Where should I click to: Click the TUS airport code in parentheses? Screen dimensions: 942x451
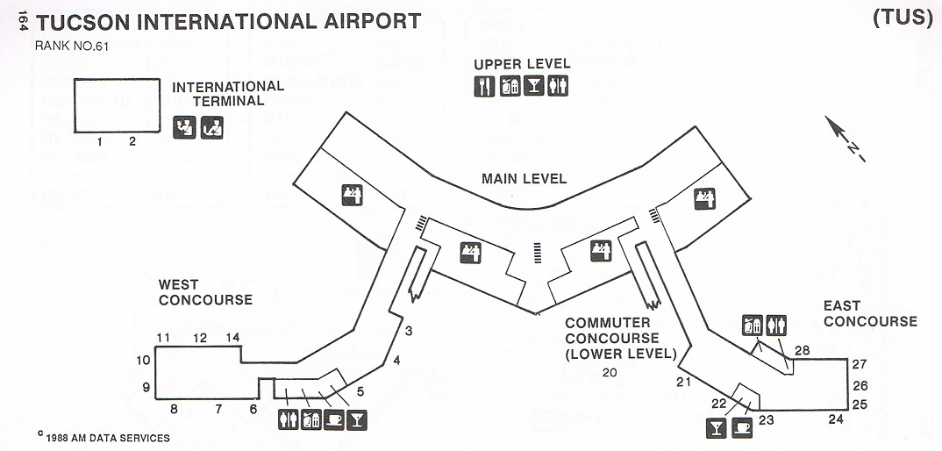903,18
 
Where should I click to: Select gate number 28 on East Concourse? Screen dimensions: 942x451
802,350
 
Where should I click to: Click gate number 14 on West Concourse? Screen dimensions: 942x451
232,337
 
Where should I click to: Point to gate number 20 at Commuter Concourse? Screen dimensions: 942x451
610,372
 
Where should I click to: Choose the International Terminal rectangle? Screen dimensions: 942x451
118,105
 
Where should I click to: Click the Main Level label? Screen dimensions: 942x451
524,179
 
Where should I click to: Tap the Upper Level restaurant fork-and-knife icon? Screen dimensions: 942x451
483,86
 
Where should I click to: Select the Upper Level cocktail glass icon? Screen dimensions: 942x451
533,86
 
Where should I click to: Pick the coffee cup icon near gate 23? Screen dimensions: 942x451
742,428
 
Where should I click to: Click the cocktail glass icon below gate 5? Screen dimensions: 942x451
357,420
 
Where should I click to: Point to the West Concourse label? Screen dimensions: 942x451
205,292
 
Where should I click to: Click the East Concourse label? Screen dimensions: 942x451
870,313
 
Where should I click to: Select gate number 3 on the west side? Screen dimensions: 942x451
409,331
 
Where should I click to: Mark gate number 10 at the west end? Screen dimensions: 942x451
143,361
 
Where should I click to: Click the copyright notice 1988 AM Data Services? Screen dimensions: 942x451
103,437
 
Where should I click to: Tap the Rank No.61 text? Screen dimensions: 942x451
72,47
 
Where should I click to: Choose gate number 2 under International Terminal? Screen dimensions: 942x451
132,142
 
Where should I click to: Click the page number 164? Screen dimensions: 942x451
23,22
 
